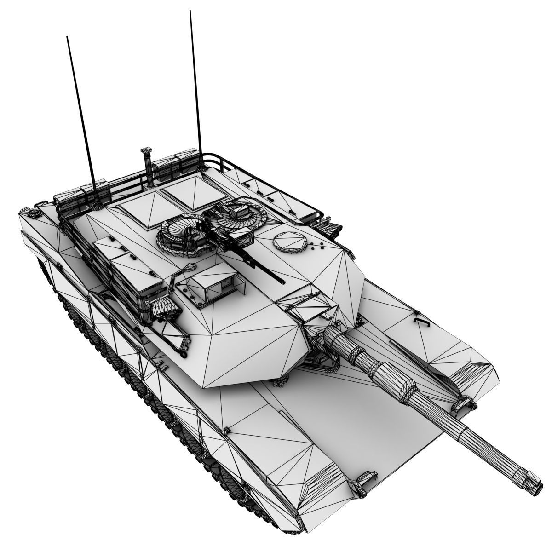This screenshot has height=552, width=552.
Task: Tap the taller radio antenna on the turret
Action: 195,83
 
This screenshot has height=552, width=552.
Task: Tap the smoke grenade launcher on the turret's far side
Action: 329,227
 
